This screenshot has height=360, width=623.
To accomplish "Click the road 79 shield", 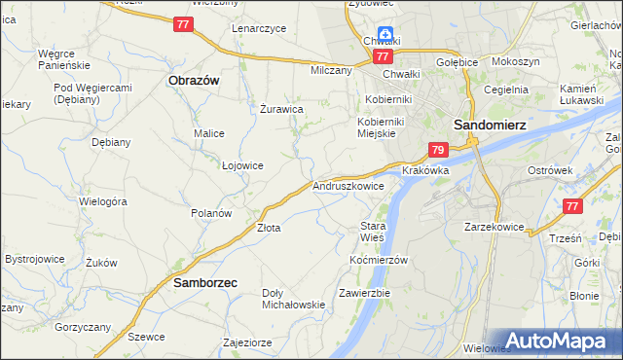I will click(438, 150).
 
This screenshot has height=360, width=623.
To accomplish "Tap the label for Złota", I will click(269, 228).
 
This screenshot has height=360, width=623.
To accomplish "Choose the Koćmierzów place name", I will click(378, 260).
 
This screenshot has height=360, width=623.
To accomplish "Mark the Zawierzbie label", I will click(365, 293).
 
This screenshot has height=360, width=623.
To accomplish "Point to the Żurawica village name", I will click(282, 109).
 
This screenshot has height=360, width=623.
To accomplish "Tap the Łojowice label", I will click(243, 165).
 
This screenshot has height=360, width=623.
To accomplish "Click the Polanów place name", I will click(211, 212).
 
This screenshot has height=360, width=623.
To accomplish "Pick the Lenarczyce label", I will click(259, 28).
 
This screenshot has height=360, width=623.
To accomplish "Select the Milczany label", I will click(330, 71).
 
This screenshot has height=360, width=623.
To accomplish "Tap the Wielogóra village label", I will click(104, 201).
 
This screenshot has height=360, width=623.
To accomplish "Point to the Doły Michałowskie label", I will click(294, 298).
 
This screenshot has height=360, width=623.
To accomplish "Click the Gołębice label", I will click(458, 62).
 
